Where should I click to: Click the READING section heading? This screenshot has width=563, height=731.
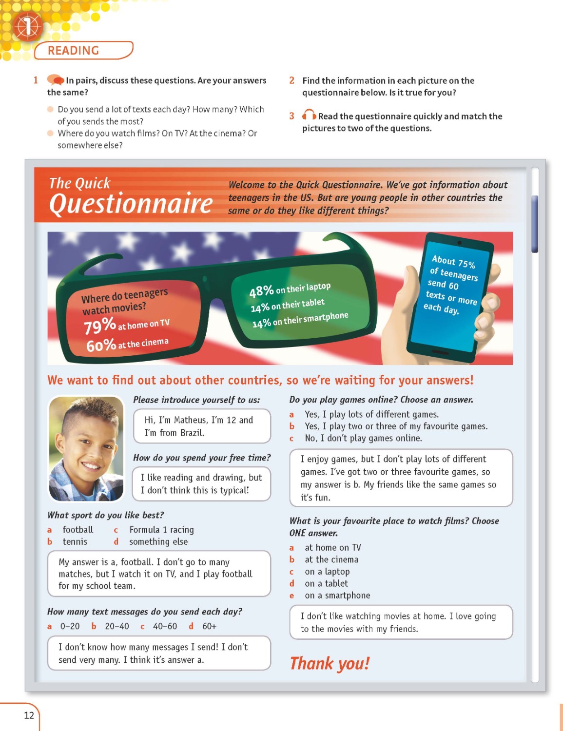pyautogui.click(x=74, y=51)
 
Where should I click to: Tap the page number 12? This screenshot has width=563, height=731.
pyautogui.click(x=29, y=715)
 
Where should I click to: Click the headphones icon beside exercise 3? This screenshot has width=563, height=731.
pyautogui.click(x=309, y=115)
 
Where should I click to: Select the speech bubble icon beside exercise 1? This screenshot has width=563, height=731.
pyautogui.click(x=55, y=79)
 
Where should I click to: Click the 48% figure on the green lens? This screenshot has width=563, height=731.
pyautogui.click(x=261, y=291)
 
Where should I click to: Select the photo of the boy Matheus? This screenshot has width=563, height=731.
pyautogui.click(x=86, y=448)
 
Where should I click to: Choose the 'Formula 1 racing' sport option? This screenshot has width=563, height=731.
pyautogui.click(x=161, y=530)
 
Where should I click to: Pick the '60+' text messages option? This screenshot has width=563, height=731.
pyautogui.click(x=209, y=626)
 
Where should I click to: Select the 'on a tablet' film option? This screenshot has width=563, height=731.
pyautogui.click(x=326, y=583)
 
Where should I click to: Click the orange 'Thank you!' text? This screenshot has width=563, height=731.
pyautogui.click(x=330, y=664)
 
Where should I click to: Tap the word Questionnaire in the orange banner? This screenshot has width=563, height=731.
pyautogui.click(x=131, y=204)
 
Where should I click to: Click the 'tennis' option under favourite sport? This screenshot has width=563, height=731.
pyautogui.click(x=75, y=542)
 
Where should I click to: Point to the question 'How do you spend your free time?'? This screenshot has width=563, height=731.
pyautogui.click(x=202, y=458)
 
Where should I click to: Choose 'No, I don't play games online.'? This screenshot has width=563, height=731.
pyautogui.click(x=363, y=438)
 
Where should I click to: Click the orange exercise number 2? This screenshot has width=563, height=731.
pyautogui.click(x=291, y=80)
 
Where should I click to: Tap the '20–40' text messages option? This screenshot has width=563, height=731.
pyautogui.click(x=117, y=626)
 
